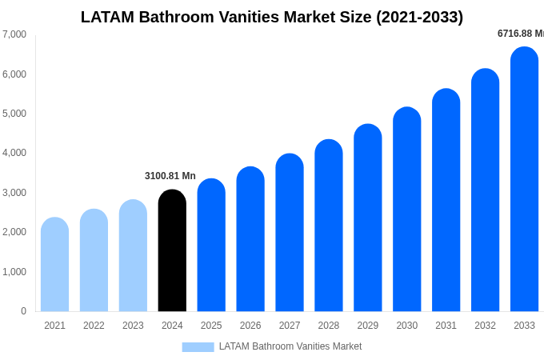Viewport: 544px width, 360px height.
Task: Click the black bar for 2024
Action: (172, 251)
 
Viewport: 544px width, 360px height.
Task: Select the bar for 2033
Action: (524, 180)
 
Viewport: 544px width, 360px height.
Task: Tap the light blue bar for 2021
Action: (54, 265)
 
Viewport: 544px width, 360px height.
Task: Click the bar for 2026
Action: (250, 239)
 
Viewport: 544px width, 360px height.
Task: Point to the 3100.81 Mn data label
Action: (170, 176)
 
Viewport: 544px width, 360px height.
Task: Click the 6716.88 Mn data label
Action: (520, 34)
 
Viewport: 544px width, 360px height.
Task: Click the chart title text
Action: (272, 17)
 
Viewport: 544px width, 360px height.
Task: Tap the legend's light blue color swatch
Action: (198, 347)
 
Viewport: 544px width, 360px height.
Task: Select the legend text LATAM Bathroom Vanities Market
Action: (290, 346)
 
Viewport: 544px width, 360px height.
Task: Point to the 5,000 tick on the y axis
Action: (14, 114)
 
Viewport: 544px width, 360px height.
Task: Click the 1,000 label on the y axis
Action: (14, 272)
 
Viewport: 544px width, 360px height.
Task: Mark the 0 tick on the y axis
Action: (23, 311)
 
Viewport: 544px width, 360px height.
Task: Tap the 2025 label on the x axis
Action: (211, 326)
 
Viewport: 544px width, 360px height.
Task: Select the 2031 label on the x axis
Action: (446, 326)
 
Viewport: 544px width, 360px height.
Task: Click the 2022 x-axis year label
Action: (94, 326)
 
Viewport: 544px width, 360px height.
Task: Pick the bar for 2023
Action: (133, 256)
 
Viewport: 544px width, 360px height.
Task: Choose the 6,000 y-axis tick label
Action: (14, 74)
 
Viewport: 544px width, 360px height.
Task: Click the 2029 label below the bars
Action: (367, 326)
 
